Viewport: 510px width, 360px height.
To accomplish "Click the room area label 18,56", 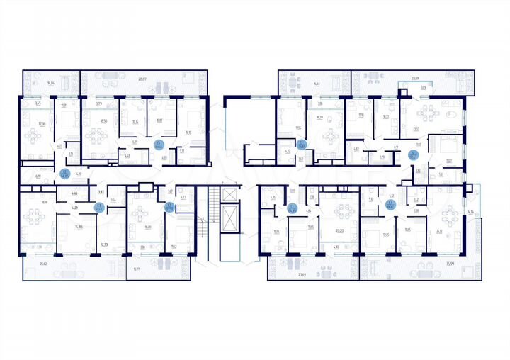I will click(x=103, y=120).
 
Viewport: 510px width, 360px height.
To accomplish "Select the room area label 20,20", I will click(x=339, y=230).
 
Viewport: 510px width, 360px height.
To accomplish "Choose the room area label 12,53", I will click(x=105, y=244).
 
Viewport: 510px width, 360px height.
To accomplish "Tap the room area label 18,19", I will click(x=320, y=118).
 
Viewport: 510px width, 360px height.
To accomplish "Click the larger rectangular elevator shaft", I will click(x=229, y=230).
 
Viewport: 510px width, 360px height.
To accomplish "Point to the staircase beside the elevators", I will click(x=205, y=223).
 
